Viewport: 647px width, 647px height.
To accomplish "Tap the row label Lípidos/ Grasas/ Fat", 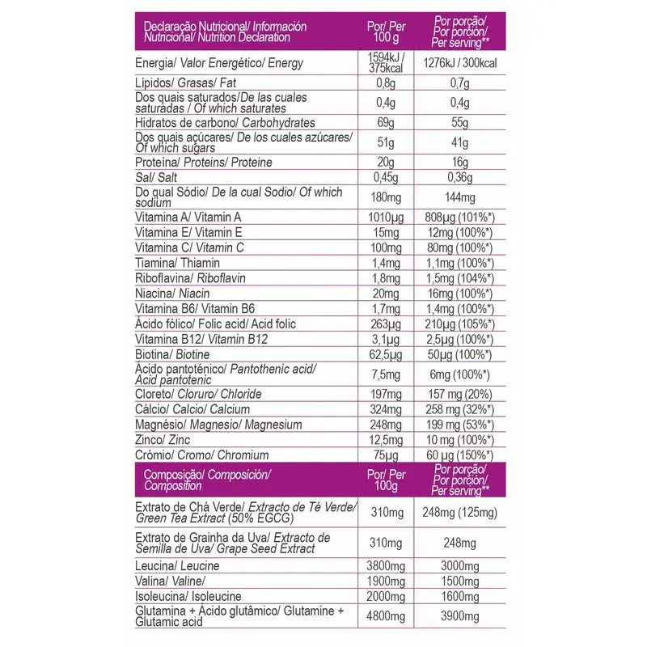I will [x=185, y=82].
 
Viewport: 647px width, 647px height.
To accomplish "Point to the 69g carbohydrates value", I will [x=386, y=121].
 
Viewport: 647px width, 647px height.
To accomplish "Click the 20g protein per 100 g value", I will [x=386, y=162].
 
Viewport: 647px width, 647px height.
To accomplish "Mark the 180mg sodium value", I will [x=386, y=197].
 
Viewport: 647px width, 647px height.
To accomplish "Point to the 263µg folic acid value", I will [x=386, y=323].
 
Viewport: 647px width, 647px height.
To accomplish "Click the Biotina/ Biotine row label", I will [x=171, y=354].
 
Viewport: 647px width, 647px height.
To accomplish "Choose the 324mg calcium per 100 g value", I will [x=386, y=409].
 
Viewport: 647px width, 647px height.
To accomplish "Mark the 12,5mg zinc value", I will [x=386, y=439].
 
